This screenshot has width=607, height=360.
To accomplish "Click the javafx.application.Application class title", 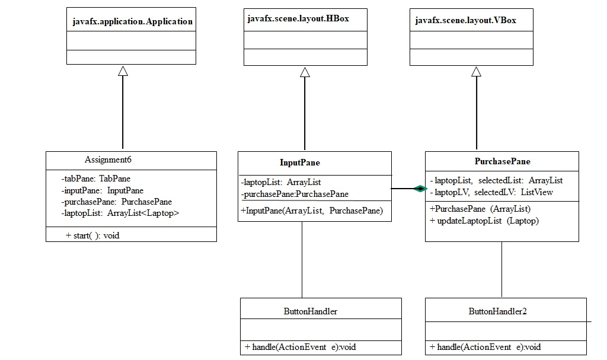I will tap(132, 21).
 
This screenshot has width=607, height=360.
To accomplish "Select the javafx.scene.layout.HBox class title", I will tap(298, 19).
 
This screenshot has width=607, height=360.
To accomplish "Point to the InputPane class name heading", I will tap(299, 163).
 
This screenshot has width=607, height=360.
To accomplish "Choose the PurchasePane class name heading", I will tap(502, 161).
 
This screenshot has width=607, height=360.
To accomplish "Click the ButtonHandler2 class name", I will tap(497, 311).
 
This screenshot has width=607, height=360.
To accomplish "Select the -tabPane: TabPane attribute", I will tap(95, 179).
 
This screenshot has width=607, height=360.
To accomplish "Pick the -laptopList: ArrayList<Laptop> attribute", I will tap(120, 213).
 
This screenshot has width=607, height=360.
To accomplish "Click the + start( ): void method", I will tap(92, 235).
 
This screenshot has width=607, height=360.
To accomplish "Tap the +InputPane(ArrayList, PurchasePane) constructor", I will tap(312, 211).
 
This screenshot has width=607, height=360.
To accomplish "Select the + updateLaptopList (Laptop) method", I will tap(484, 221).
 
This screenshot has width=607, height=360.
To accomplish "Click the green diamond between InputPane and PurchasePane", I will tap(420, 189).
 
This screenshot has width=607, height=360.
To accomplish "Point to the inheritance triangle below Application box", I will tap(123, 71).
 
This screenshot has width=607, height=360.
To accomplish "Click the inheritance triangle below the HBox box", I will tap(305, 72).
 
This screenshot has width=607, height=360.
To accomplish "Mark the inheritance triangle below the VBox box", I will tap(476, 72).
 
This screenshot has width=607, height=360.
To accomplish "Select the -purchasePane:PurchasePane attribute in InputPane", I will tap(294, 194).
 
